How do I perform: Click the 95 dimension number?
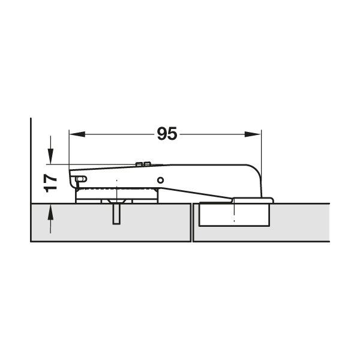(167, 134)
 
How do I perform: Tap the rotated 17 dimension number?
(50, 183)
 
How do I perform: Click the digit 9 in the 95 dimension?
(162, 134)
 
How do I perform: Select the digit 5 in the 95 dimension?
(172, 134)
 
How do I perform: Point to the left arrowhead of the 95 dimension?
(77, 134)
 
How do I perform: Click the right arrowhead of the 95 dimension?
(253, 134)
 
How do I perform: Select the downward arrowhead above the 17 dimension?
(50, 157)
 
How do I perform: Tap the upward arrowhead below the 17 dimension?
(50, 212)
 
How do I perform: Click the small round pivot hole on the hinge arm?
(160, 180)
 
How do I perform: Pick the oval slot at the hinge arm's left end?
(81, 179)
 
